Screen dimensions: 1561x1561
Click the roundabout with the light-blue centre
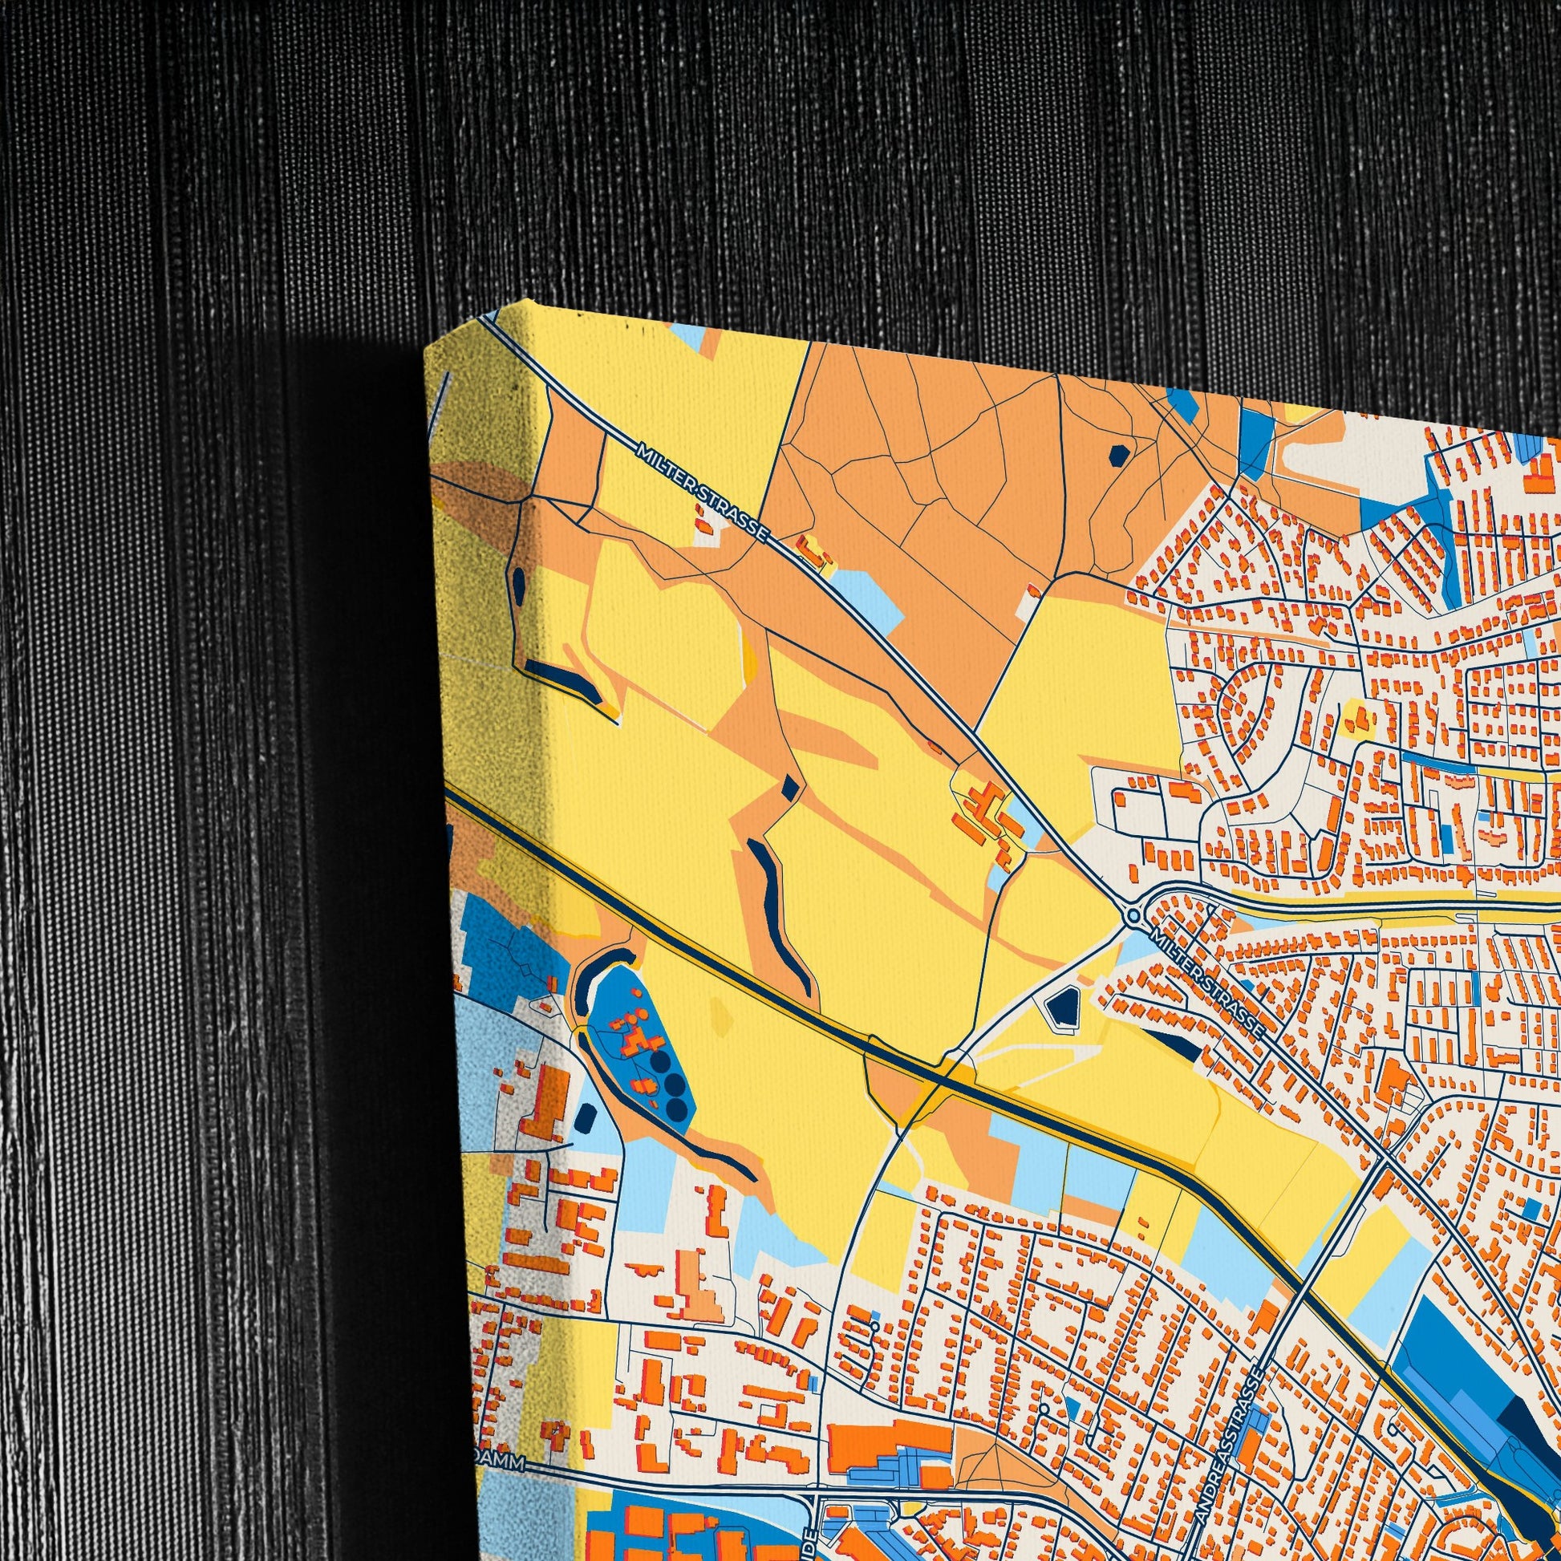coord(1134,915)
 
